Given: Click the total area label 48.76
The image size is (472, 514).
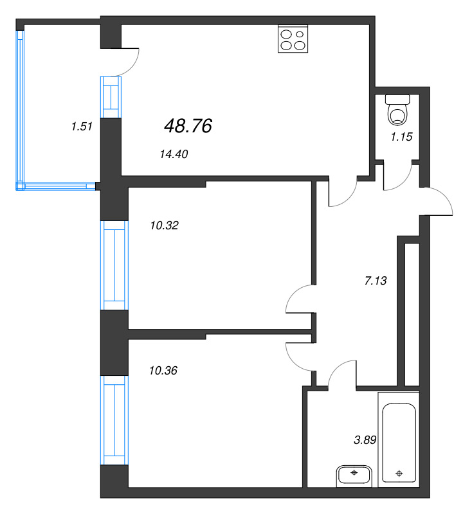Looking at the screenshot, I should coord(188,127).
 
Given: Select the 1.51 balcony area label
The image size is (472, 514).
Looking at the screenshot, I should coord(82,127).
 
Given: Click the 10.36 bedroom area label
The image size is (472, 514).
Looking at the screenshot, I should coord(163,370).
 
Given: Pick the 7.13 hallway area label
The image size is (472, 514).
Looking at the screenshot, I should coord(376,280).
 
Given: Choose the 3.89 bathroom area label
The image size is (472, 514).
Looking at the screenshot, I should coord(365,440).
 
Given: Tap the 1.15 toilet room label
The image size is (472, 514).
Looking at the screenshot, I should coord(401,136).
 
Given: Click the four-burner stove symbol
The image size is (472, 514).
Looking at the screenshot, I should coord(293,39).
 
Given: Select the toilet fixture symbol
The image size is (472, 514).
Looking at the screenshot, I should coord(399,110).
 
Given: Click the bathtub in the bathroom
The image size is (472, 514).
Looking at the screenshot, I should coord(399,443).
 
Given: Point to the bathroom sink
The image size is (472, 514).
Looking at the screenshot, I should coord(354,476).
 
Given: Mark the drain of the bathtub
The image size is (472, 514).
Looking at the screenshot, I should coord(399,474).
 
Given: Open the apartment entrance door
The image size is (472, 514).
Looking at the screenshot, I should coord(437,200).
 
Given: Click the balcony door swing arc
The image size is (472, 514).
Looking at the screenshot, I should coord(129,61).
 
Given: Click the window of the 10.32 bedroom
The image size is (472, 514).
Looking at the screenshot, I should coord(114,265).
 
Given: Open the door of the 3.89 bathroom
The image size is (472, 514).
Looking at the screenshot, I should coord(341,373).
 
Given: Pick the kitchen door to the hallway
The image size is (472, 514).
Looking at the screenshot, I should coord(343,195).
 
